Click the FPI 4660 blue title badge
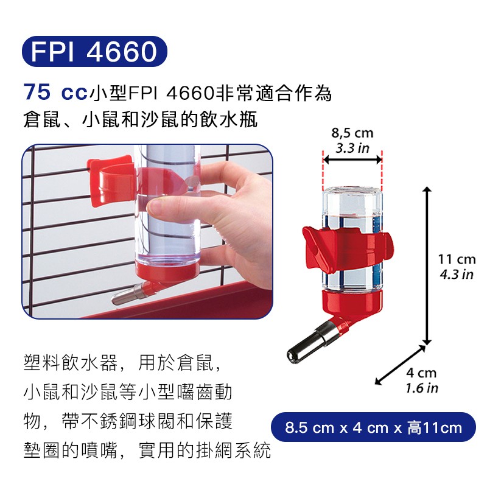click(94, 52)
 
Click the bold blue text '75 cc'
click(55, 93)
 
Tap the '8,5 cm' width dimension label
click(352, 133)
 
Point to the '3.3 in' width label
click(352, 148)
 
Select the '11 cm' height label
click(457, 259)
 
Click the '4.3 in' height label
click(457, 275)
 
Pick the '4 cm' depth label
click(421, 373)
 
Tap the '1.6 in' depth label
click(422, 388)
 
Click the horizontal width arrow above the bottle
click(352, 160)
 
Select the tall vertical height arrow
click(427, 265)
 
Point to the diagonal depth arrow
click(400, 365)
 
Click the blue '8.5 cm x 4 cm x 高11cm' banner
click(373, 427)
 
